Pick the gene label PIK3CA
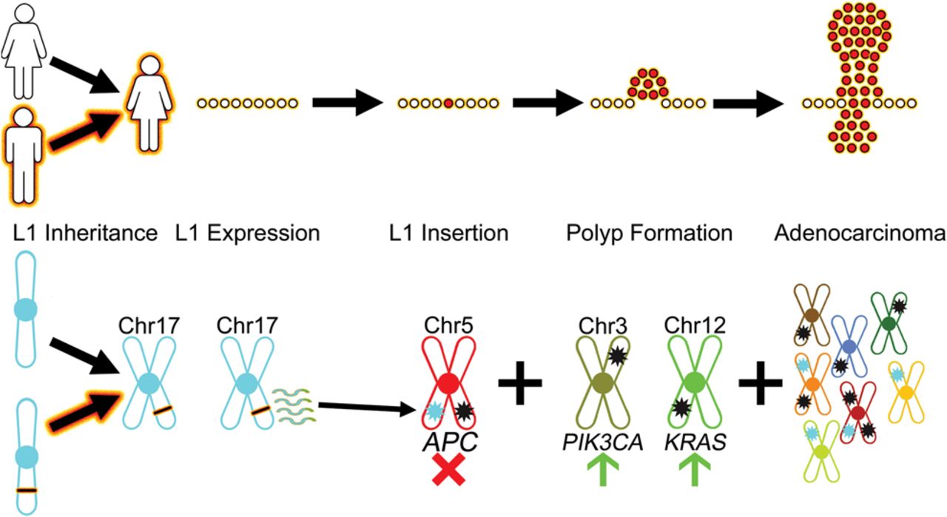pyautogui.click(x=601, y=442)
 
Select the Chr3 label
pyautogui.click(x=601, y=325)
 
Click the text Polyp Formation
pyautogui.click(x=650, y=234)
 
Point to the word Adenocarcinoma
pyautogui.click(x=860, y=234)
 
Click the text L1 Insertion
pyautogui.click(x=449, y=234)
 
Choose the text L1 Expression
pyautogui.click(x=248, y=234)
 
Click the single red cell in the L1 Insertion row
pyautogui.click(x=448, y=104)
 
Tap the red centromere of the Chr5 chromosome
pyautogui.click(x=447, y=384)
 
